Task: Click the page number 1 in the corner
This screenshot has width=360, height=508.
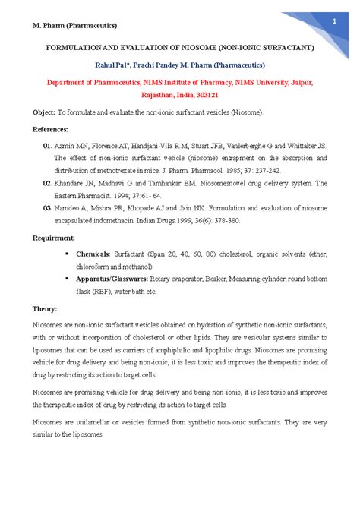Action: tap(333, 21)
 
